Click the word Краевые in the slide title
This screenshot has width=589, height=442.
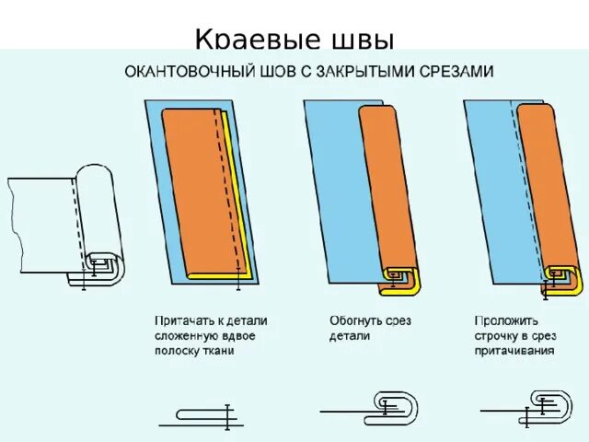click(245, 41)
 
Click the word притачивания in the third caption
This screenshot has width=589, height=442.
click(514, 350)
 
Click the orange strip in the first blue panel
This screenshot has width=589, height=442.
click(198, 193)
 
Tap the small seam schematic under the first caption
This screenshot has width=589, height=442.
click(202, 418)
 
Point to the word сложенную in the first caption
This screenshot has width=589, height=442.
click(184, 336)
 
